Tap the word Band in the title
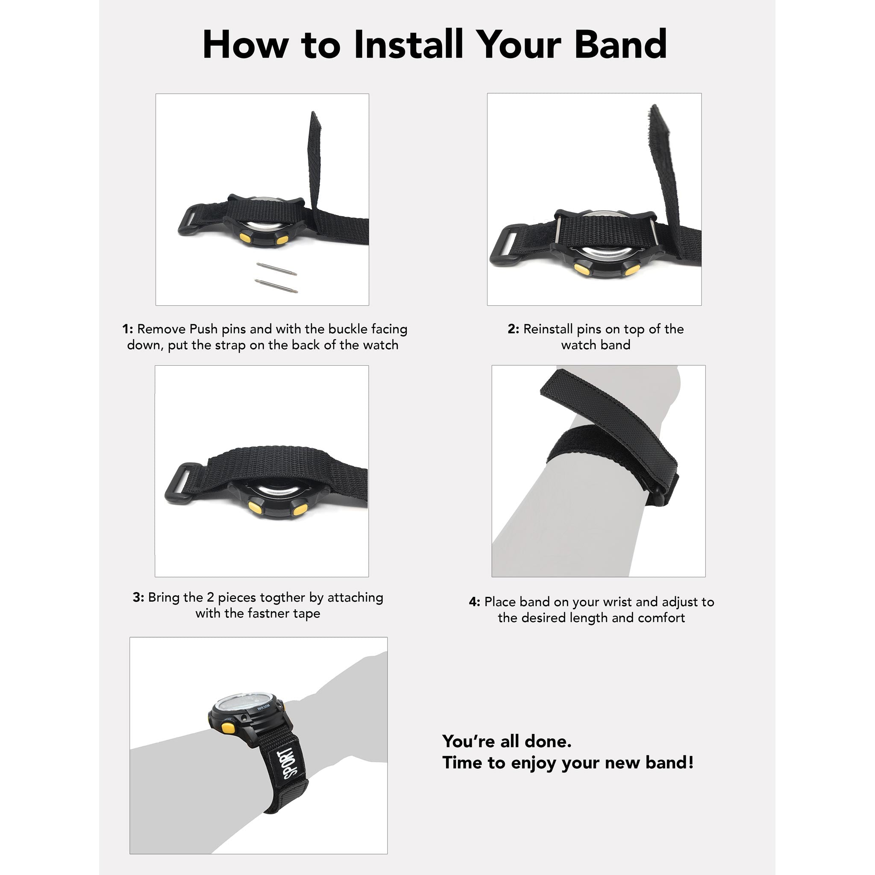click(620, 44)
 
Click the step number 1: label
click(128, 329)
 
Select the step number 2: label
click(513, 329)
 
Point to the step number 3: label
click(138, 598)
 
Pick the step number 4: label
click(474, 602)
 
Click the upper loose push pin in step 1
click(276, 269)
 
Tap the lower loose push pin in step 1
click(276, 286)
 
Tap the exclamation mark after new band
click(690, 763)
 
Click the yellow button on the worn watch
click(228, 729)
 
